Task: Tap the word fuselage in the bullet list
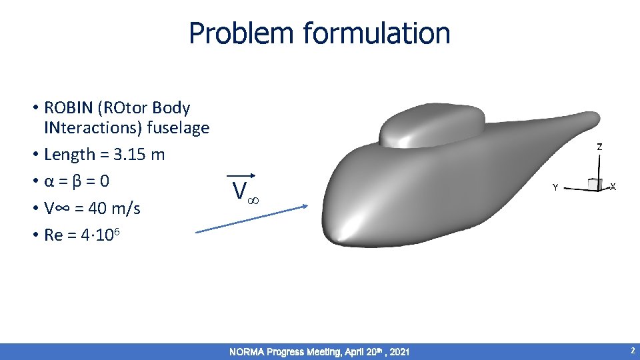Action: [177, 127]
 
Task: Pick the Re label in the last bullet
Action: [53, 235]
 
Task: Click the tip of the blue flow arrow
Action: [307, 206]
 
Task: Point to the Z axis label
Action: [599, 147]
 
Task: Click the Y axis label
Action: [554, 188]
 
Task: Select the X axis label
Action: [613, 187]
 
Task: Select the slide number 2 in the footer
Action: [632, 351]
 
